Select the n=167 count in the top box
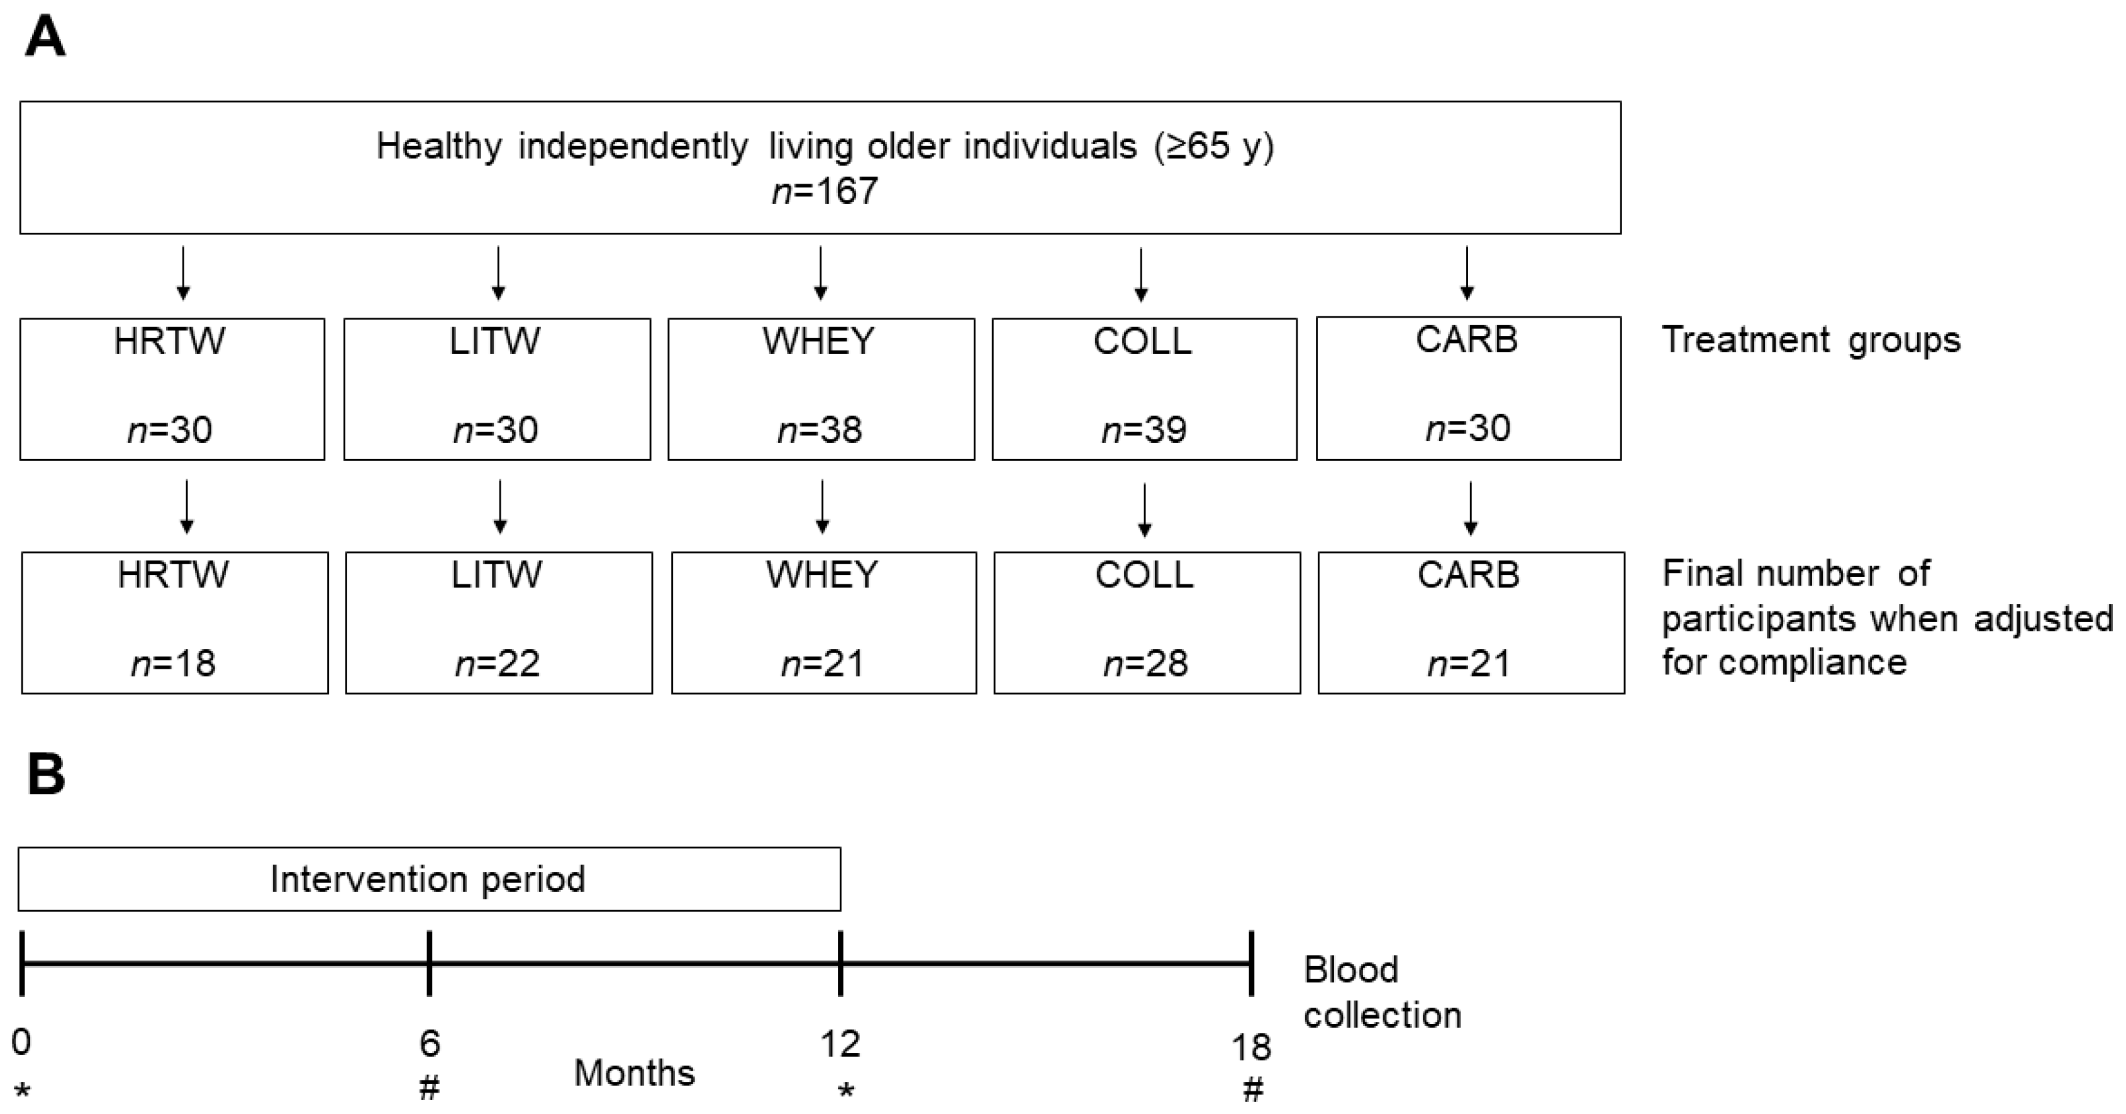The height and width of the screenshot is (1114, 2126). [825, 191]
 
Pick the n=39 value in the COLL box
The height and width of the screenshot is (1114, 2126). [1144, 430]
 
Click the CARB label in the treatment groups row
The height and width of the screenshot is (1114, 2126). [1467, 340]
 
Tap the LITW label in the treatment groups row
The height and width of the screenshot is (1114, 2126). [495, 341]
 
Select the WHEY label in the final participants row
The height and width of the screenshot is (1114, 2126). [822, 574]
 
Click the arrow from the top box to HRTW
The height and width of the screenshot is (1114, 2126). [183, 272]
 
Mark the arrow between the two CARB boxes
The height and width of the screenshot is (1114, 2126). [1470, 508]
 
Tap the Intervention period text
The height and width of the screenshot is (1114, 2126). [428, 879]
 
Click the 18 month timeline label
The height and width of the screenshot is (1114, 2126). [1251, 1048]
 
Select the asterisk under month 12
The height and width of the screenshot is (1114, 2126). [845, 1091]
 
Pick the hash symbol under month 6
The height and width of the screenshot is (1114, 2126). [429, 1089]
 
